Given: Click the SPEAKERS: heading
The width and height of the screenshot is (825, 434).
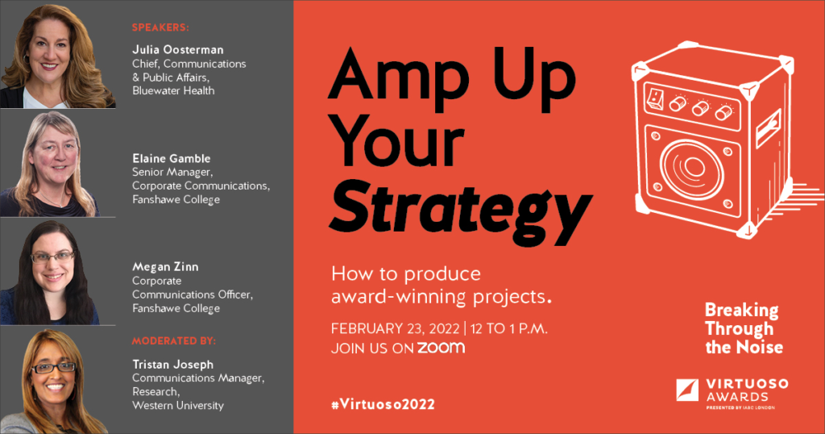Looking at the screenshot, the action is click(160, 27).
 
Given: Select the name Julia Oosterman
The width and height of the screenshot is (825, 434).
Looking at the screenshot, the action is click(178, 49).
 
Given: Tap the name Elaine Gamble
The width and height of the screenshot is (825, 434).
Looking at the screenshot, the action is click(172, 158).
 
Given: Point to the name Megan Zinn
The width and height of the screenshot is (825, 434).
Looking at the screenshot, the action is click(165, 267).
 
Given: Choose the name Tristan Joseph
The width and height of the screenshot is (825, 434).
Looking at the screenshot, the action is click(173, 365).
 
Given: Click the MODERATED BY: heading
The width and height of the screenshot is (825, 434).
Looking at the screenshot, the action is click(174, 340).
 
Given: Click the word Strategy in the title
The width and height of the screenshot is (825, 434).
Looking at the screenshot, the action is click(461, 211).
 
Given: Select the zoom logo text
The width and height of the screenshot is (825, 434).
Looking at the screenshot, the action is click(442, 348).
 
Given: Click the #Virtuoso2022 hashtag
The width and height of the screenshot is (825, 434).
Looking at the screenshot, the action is click(383, 404).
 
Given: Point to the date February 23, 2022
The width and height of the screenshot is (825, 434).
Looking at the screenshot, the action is click(395, 328).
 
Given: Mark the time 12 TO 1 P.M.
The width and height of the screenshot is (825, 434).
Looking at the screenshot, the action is click(509, 328).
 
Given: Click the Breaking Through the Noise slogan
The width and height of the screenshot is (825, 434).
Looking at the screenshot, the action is click(744, 328).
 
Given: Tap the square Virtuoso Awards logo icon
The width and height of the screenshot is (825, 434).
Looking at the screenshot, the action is click(688, 390).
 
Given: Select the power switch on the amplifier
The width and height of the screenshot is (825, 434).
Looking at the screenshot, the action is click(655, 98).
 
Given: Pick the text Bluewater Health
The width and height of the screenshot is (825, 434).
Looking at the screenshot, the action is click(173, 90).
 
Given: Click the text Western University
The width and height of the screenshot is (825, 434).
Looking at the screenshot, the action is click(178, 406).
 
